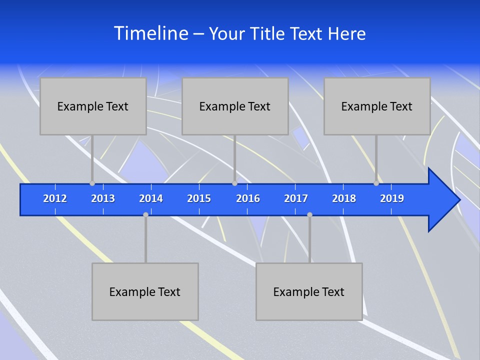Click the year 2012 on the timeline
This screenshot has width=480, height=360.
click(55, 198)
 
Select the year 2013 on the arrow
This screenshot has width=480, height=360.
click(103, 198)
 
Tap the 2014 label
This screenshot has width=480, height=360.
click(151, 198)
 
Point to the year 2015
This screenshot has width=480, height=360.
click(199, 198)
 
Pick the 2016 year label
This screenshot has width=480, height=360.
click(248, 198)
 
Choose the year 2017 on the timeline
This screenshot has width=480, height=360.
click(296, 198)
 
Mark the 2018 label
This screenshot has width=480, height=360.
click(344, 198)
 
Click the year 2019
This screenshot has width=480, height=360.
click(392, 198)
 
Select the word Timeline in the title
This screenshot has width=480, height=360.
click(150, 33)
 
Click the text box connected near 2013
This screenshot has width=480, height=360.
click(93, 106)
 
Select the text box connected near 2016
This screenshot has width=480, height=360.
click(235, 106)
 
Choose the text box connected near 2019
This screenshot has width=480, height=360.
click(377, 106)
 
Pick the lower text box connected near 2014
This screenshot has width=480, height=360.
click(145, 291)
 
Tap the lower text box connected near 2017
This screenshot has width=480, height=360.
click(309, 291)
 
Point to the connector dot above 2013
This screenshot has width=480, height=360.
click(92, 183)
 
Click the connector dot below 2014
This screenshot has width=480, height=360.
click(145, 214)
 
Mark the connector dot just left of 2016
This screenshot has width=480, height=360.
click(234, 183)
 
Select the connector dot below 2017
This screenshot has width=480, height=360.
click(309, 214)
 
